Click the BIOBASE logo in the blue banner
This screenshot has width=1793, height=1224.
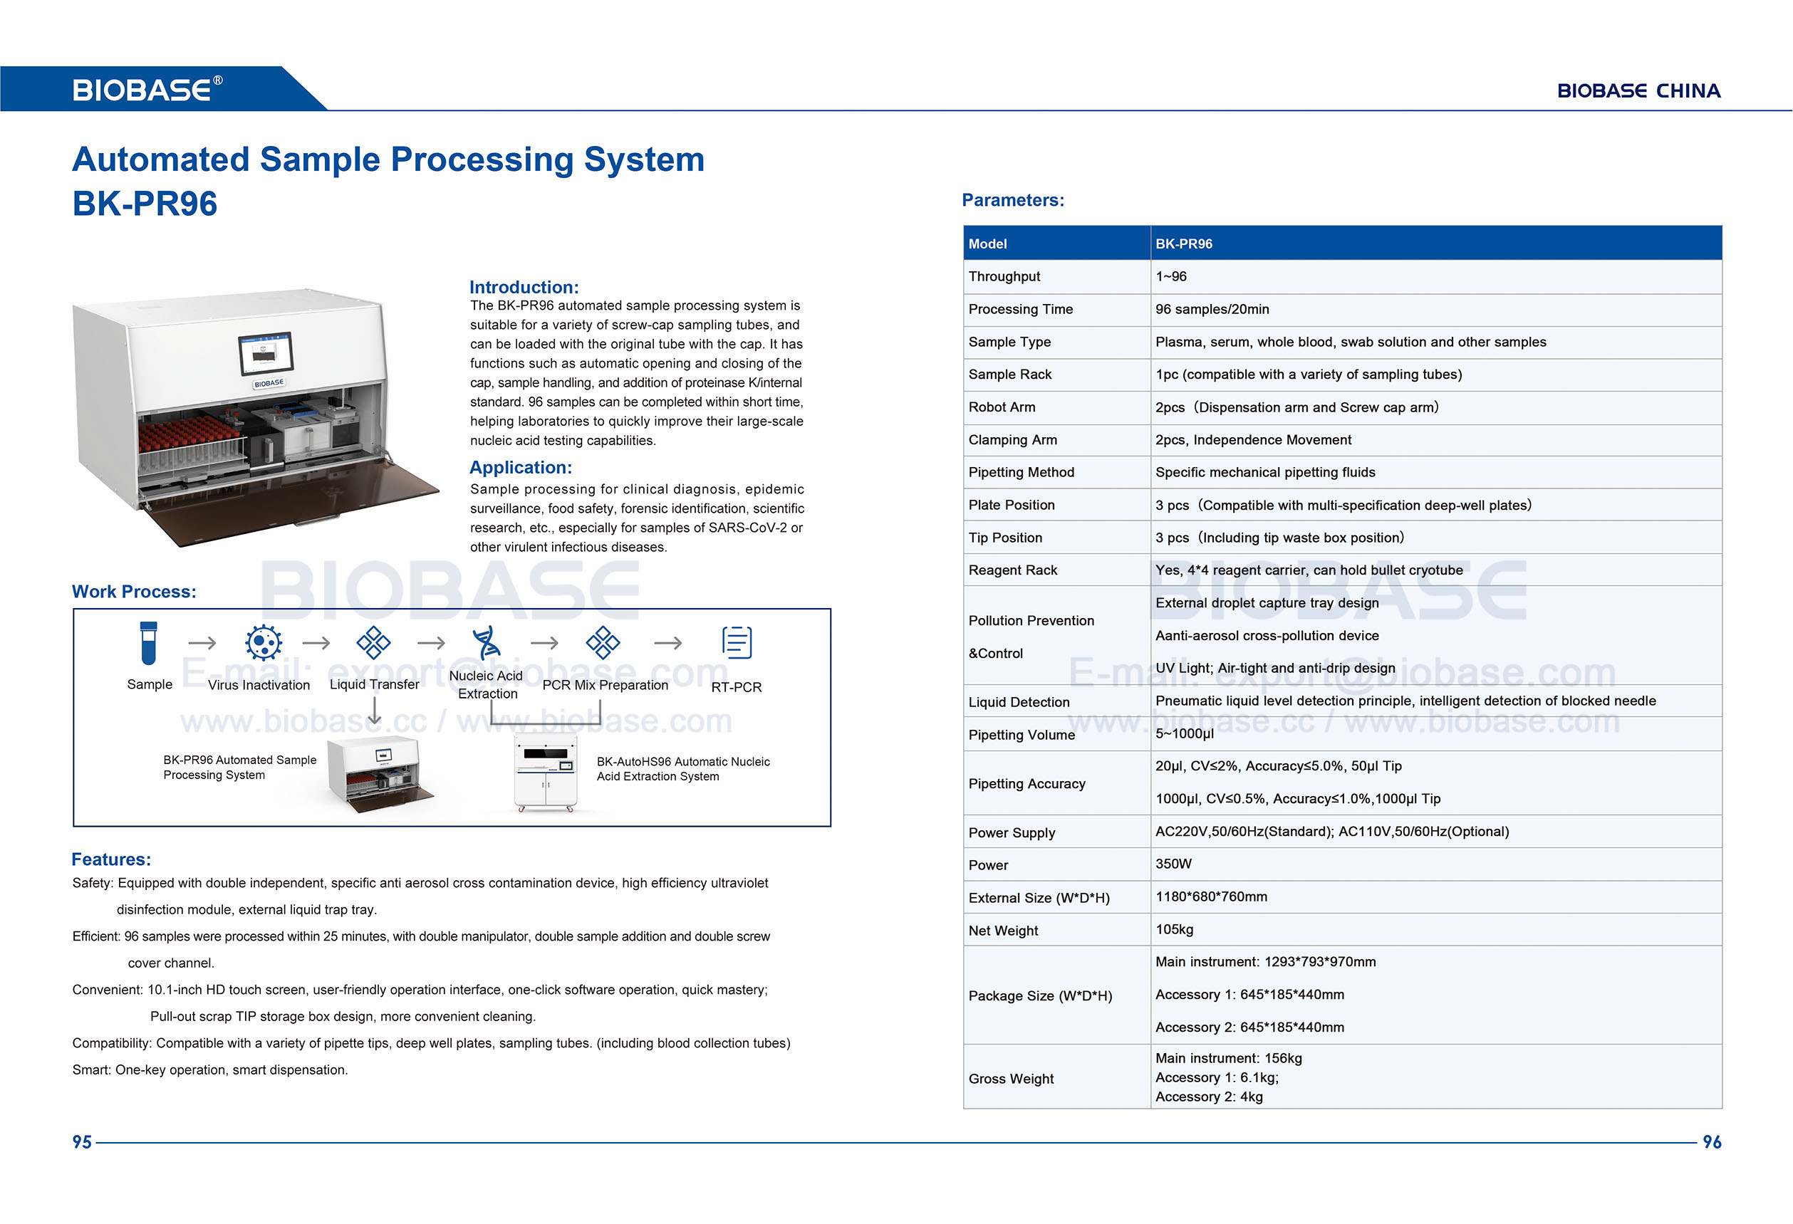coord(147,90)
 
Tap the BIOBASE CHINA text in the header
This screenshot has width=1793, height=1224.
coord(1638,91)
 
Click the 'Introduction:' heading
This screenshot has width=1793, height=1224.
coord(524,287)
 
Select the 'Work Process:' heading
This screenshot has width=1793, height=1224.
coord(133,592)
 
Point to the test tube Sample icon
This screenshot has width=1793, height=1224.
coord(149,642)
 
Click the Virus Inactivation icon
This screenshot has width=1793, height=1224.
coord(263,642)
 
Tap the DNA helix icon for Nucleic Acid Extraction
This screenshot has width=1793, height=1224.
coord(486,642)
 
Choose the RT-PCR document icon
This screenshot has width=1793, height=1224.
coord(736,642)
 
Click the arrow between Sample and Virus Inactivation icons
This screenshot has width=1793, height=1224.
coord(202,642)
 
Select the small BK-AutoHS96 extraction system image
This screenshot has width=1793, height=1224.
coord(546,773)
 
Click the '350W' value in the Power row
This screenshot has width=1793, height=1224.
coord(1173,864)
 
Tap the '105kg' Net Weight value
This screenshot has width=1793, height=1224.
coord(1173,929)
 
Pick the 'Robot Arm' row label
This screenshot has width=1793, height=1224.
coord(1002,407)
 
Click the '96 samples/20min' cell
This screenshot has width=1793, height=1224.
coord(1211,309)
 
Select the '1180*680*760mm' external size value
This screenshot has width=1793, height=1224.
coord(1210,897)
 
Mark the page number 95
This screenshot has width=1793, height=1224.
coord(82,1142)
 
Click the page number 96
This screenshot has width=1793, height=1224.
coord(1711,1142)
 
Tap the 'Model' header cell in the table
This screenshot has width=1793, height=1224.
coord(987,244)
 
